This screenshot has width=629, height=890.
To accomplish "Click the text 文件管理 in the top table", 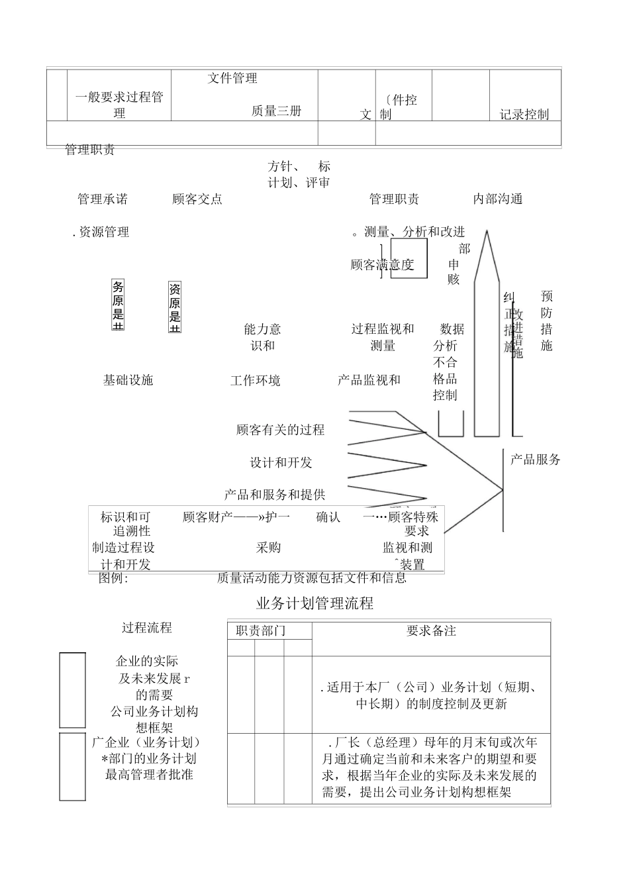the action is pos(232,78).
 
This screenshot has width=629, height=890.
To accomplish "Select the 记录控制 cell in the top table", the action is pos(524,114).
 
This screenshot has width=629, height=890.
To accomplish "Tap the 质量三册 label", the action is pos(276,111).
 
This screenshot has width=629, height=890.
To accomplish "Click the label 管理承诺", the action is pos(103,199).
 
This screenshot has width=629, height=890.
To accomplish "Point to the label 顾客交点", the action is pos(197,199).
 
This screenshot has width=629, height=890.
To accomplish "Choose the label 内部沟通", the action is pos(498,199).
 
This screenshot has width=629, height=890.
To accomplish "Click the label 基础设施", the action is pos(128,379).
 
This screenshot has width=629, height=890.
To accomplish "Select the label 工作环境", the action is pos(255,380).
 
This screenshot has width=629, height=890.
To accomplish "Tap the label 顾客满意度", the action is pos(382,265).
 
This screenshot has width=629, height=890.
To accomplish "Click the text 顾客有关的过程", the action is pos(280,430).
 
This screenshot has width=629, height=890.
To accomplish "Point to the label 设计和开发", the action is pos(281,462).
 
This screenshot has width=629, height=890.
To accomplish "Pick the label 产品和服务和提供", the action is pos(274,494).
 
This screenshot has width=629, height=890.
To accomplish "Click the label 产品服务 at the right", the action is pos(535,459).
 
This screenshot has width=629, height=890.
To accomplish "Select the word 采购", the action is pos(268,547).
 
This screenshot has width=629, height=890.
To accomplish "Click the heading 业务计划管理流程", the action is pos(314,603).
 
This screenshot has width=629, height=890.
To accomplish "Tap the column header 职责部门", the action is pos(261,630).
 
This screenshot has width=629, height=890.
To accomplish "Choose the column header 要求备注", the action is pos(431,630).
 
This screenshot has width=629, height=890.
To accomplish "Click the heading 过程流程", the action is pos(147,627).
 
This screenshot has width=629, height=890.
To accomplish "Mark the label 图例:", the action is pos(113,577).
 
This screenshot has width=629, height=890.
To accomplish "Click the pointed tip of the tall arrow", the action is pos(487,231).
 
